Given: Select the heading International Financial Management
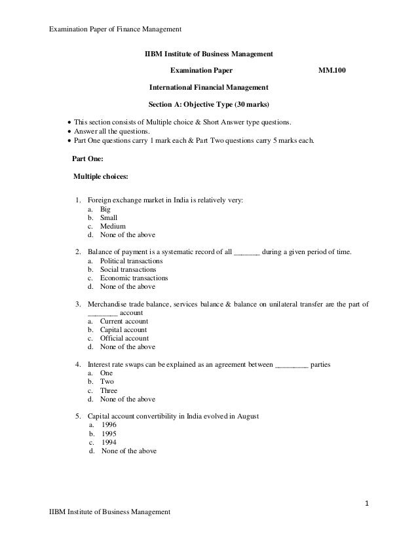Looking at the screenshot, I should pos(208,86).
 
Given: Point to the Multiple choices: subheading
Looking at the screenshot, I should pos(101,176).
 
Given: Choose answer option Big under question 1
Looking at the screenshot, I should pos(105,209).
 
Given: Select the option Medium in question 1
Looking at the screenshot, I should pos(113,226).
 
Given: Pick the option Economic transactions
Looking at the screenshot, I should pos(134,278).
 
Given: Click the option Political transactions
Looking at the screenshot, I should pos(131,261).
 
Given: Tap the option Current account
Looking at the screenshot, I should pos(124,321).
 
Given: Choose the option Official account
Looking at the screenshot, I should pos(124,338).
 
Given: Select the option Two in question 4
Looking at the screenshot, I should pos(107,381).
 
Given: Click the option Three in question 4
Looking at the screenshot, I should pos(109,390).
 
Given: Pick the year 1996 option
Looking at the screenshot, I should pos(109,424).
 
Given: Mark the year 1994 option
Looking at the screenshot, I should pos(109,441).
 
